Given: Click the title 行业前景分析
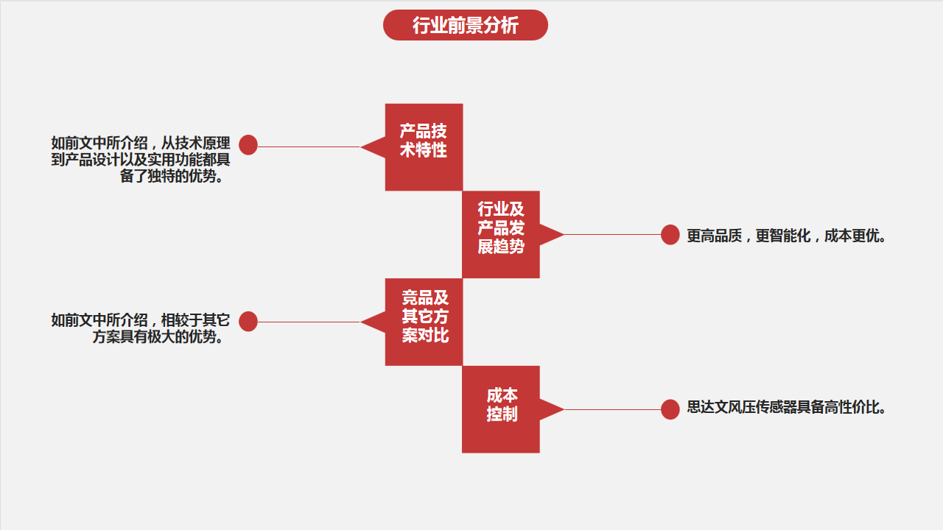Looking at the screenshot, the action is pyautogui.click(x=465, y=25).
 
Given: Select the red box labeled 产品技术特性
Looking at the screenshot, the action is pyautogui.click(x=424, y=147).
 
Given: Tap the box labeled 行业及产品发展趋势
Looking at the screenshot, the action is pyautogui.click(x=501, y=234).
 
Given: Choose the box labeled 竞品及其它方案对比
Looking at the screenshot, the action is pyautogui.click(x=424, y=322).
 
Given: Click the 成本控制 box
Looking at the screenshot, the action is pyautogui.click(x=501, y=409).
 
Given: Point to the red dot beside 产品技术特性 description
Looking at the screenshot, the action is pyautogui.click(x=248, y=145).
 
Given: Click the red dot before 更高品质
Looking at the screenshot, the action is pyautogui.click(x=670, y=234).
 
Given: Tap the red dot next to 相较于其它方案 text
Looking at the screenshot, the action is pyautogui.click(x=248, y=322).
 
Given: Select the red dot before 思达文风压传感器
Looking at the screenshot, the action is pyautogui.click(x=670, y=409).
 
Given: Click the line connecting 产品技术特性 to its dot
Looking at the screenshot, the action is pyautogui.click(x=309, y=146).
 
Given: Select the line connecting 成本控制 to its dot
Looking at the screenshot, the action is pyautogui.click(x=612, y=409).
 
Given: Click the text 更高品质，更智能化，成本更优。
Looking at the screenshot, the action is pyautogui.click(x=786, y=236).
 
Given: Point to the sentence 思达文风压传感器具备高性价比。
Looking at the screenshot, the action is pyautogui.click(x=786, y=407).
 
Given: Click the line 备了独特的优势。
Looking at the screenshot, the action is pyautogui.click(x=172, y=176).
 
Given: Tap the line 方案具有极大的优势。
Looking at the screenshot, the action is pyautogui.click(x=158, y=336).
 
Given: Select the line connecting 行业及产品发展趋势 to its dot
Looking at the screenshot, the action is pyautogui.click(x=612, y=234).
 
